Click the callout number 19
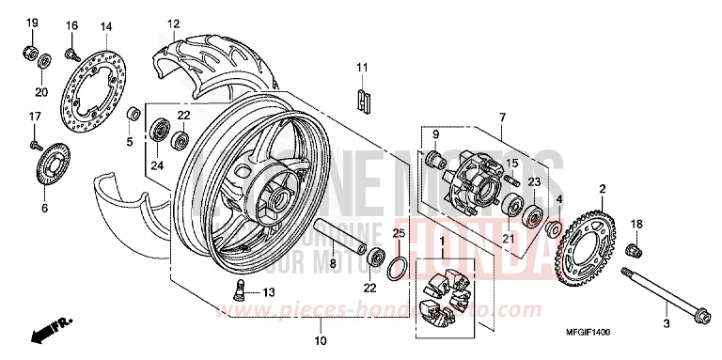[x=31, y=23]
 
